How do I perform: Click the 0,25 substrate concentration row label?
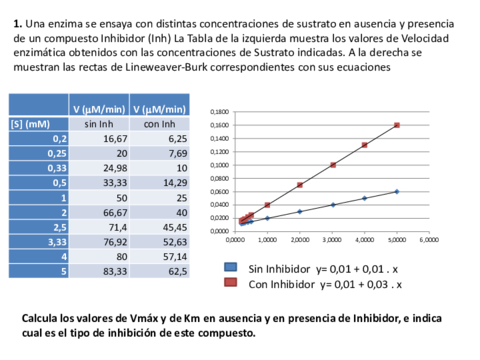(56, 154)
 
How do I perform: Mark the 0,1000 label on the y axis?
(220, 165)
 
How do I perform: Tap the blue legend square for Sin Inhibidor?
(231, 268)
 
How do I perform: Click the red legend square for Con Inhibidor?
(231, 284)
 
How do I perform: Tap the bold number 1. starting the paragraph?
(18, 21)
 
